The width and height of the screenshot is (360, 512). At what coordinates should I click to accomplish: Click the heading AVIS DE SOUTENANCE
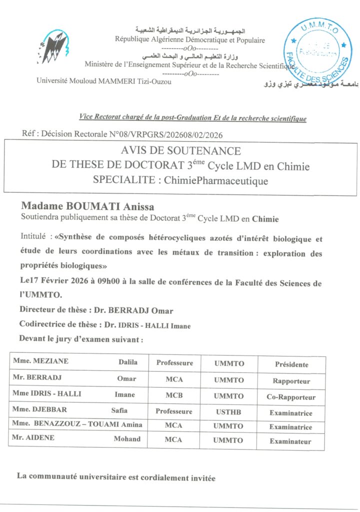180,150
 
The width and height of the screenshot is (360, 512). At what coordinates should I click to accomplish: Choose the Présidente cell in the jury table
291,364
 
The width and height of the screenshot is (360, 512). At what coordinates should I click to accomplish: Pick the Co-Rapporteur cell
291,397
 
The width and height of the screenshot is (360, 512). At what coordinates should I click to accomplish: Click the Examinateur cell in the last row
290,441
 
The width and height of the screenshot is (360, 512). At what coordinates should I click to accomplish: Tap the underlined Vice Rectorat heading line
193,118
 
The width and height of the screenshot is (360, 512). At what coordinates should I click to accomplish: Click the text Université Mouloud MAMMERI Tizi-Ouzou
104,81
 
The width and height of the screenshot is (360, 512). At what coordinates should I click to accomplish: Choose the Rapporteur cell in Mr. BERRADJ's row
291,381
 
